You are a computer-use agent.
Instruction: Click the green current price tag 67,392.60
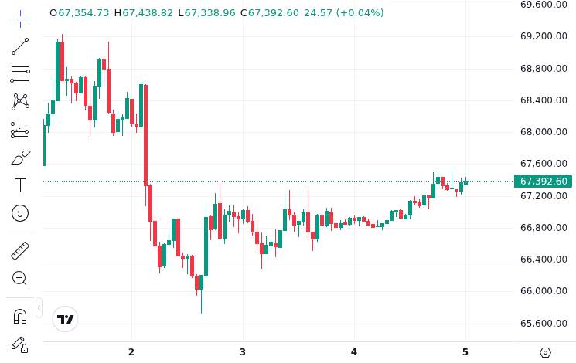(544, 181)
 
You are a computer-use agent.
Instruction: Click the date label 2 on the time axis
(131, 352)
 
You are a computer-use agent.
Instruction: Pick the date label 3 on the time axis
(243, 352)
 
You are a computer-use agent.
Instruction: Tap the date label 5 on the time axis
(465, 352)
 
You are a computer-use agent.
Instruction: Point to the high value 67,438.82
(148, 13)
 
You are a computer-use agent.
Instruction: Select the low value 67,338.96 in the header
(210, 13)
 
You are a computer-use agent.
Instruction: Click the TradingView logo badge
(66, 319)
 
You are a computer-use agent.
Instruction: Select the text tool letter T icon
(20, 185)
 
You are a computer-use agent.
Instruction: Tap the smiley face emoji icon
(20, 213)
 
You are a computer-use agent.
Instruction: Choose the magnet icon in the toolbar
(20, 316)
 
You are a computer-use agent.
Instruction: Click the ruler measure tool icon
(20, 251)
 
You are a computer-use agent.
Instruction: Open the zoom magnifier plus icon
(20, 278)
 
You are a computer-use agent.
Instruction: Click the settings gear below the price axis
(545, 352)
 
